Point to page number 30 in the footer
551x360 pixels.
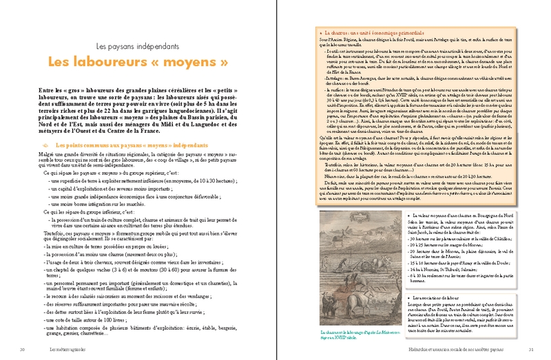point(23,350)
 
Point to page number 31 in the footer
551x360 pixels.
point(530,350)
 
